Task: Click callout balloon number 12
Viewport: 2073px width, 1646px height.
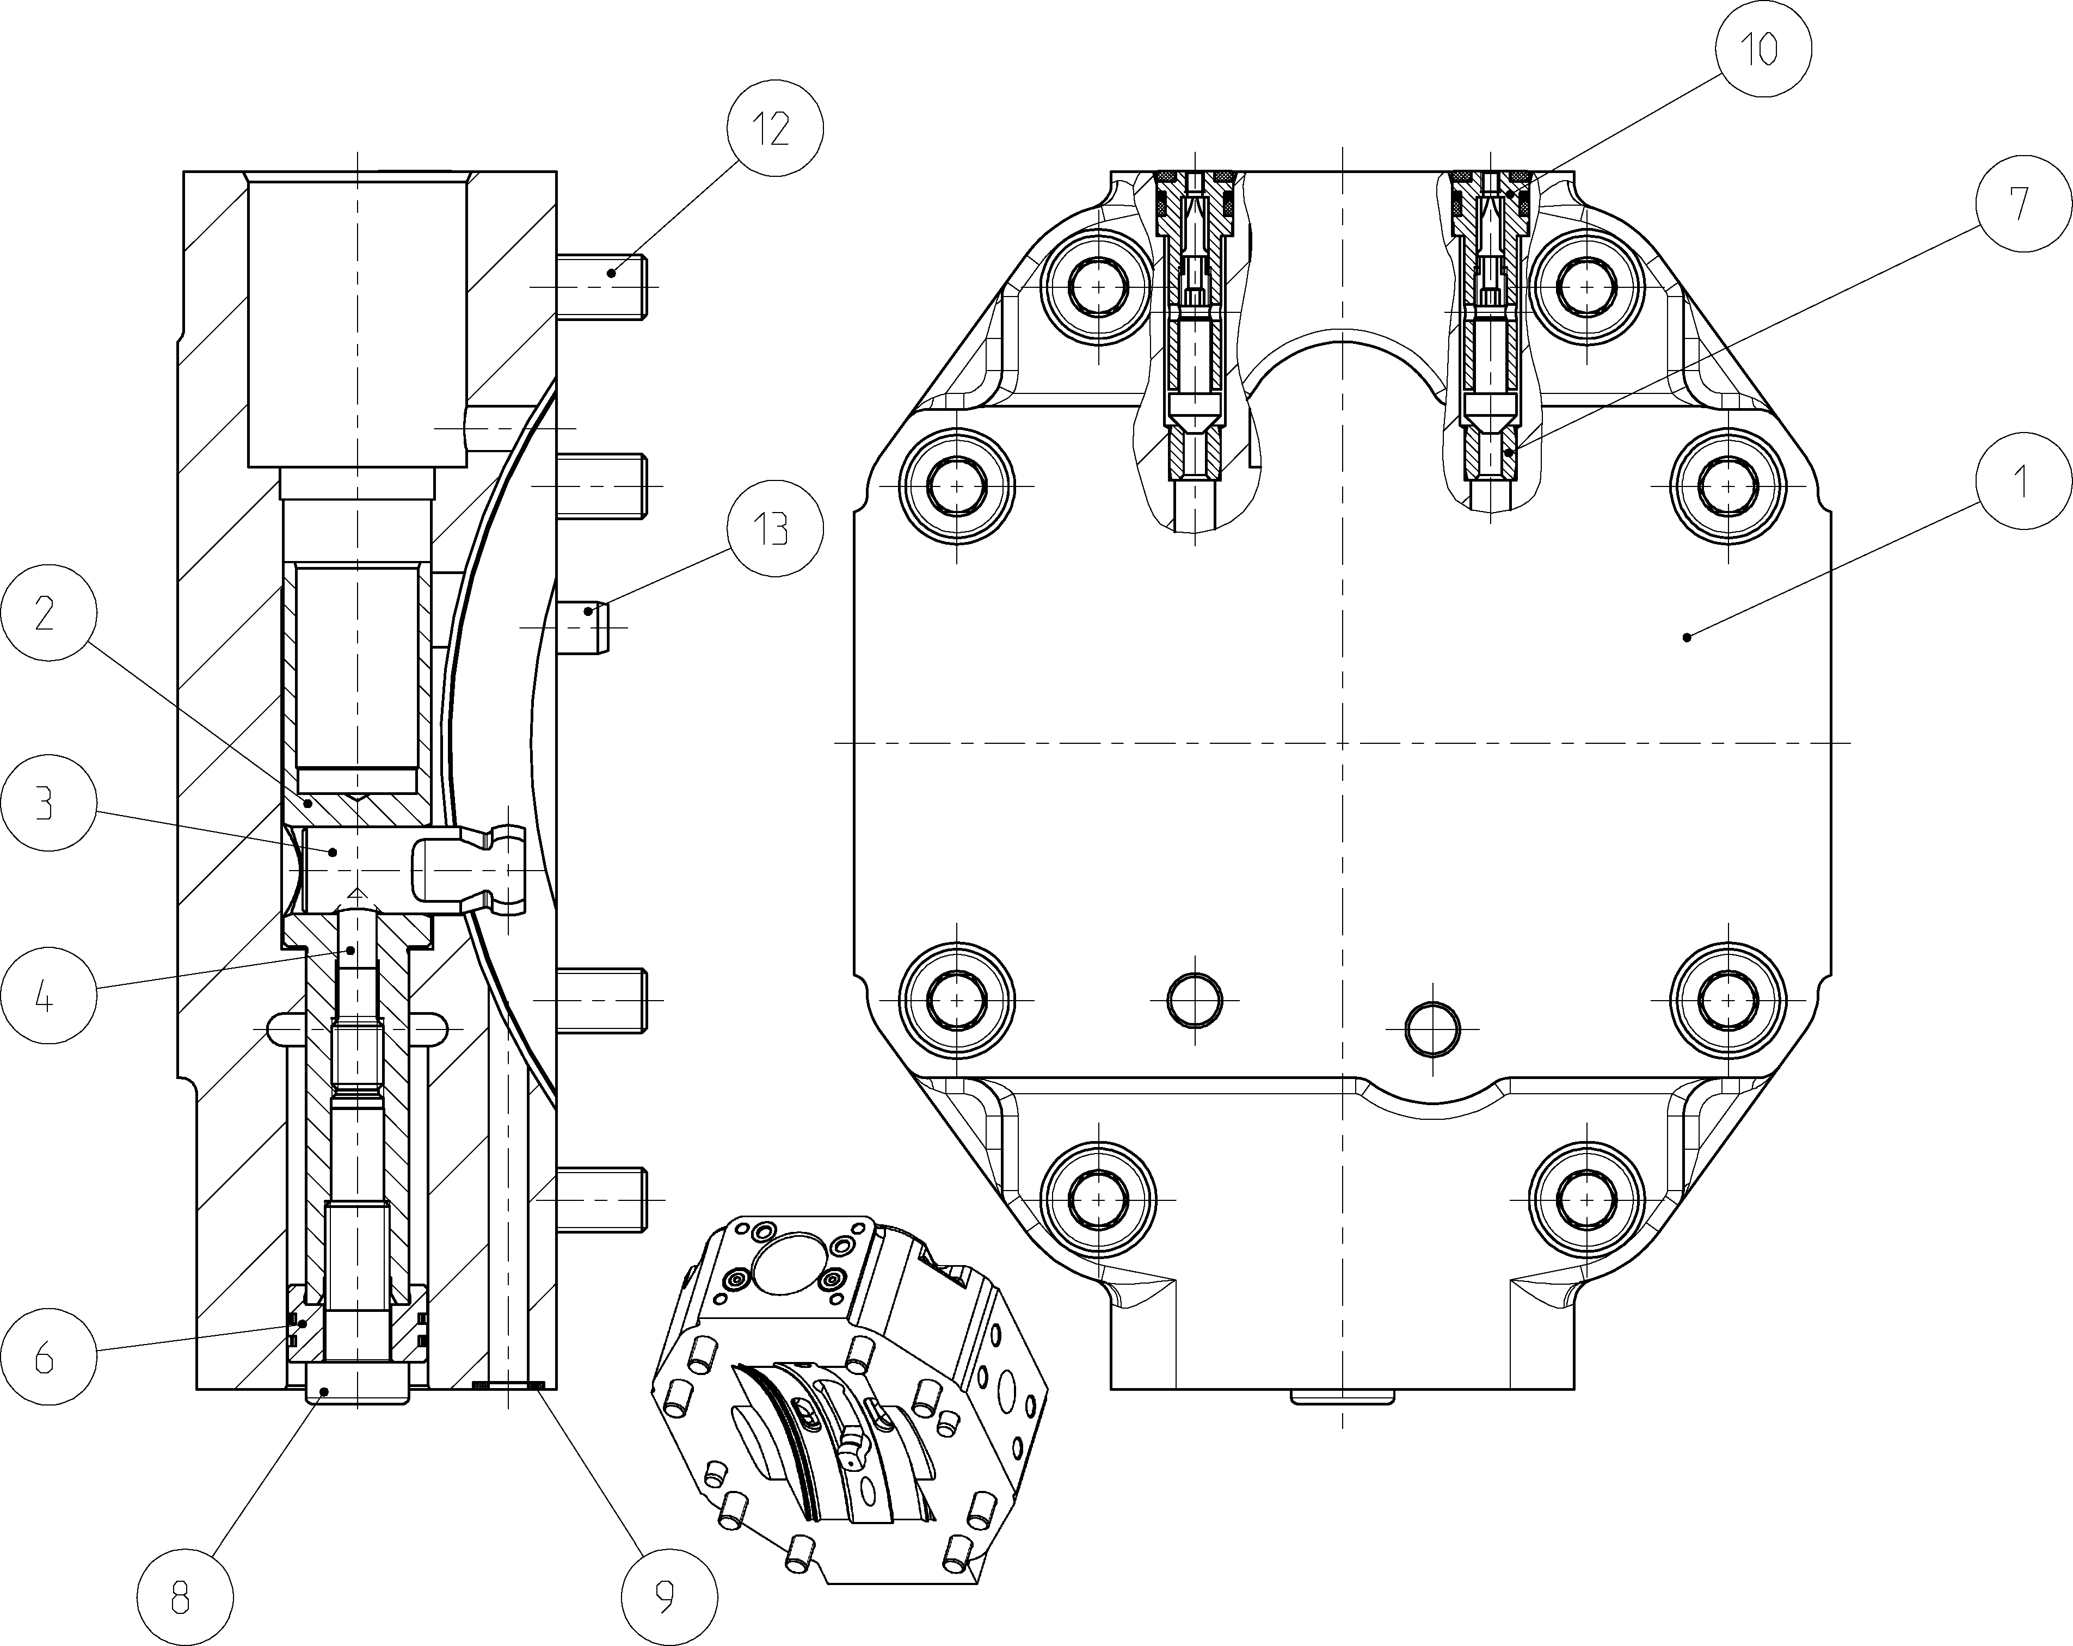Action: pyautogui.click(x=775, y=128)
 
